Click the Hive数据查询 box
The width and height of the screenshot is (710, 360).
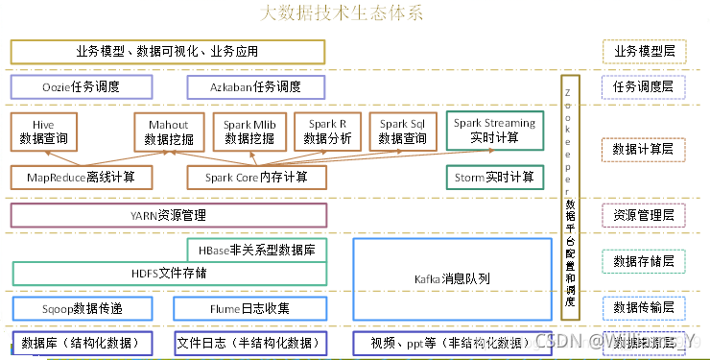(44, 132)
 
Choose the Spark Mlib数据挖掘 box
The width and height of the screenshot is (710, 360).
(250, 132)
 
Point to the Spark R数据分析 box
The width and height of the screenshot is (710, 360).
(327, 132)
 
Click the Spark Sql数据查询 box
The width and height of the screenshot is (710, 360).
(403, 132)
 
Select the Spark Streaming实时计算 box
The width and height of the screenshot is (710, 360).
(494, 130)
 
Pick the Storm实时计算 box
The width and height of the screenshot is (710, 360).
(494, 177)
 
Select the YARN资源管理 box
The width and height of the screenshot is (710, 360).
(168, 215)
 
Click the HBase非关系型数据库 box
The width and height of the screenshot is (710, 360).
(257, 250)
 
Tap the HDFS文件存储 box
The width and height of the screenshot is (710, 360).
(168, 273)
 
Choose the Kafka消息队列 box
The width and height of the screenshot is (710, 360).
(452, 278)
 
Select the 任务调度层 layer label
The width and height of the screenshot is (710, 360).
(643, 87)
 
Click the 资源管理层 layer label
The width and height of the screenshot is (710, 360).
(643, 214)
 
